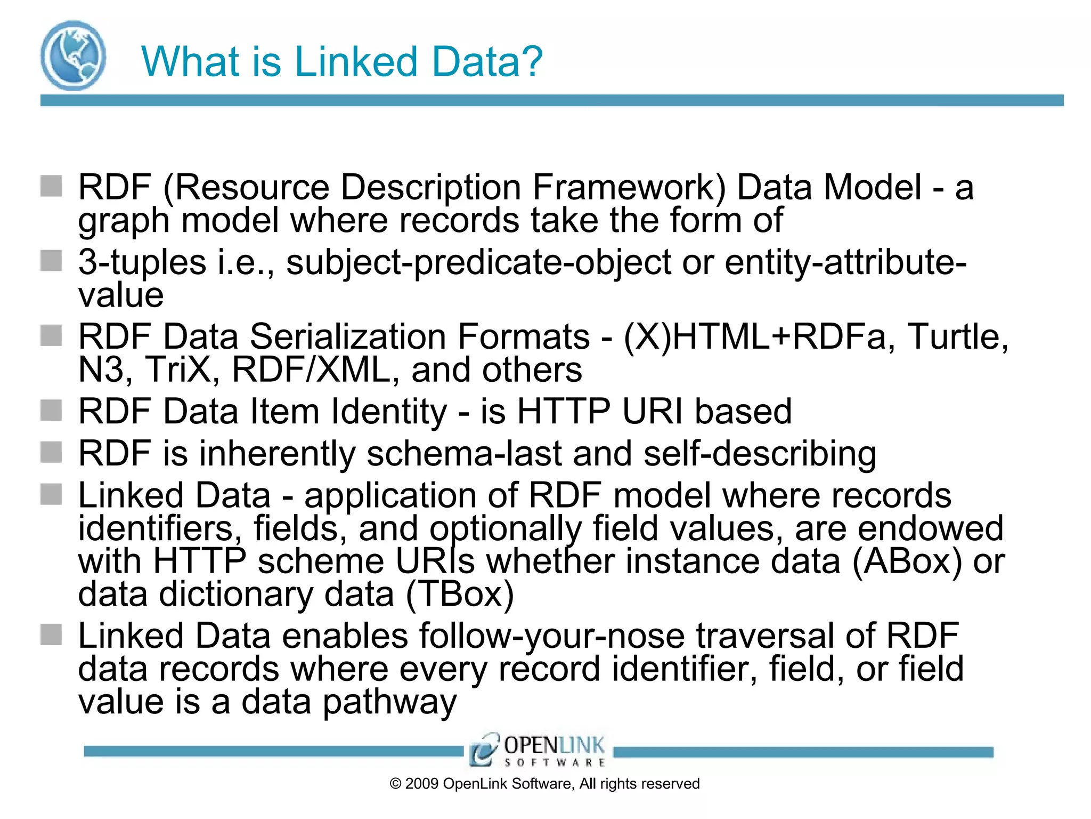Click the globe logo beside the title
pos(73,55)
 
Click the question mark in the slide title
pos(530,61)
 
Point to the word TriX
pos(181,370)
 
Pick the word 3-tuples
pos(142,262)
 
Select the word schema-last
pos(464,454)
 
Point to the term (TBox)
pos(460,595)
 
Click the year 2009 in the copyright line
pos(422,784)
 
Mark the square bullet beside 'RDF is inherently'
pos(51,453)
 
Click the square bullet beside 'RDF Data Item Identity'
pos(51,411)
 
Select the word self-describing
pos(760,454)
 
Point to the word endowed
pos(931,528)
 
